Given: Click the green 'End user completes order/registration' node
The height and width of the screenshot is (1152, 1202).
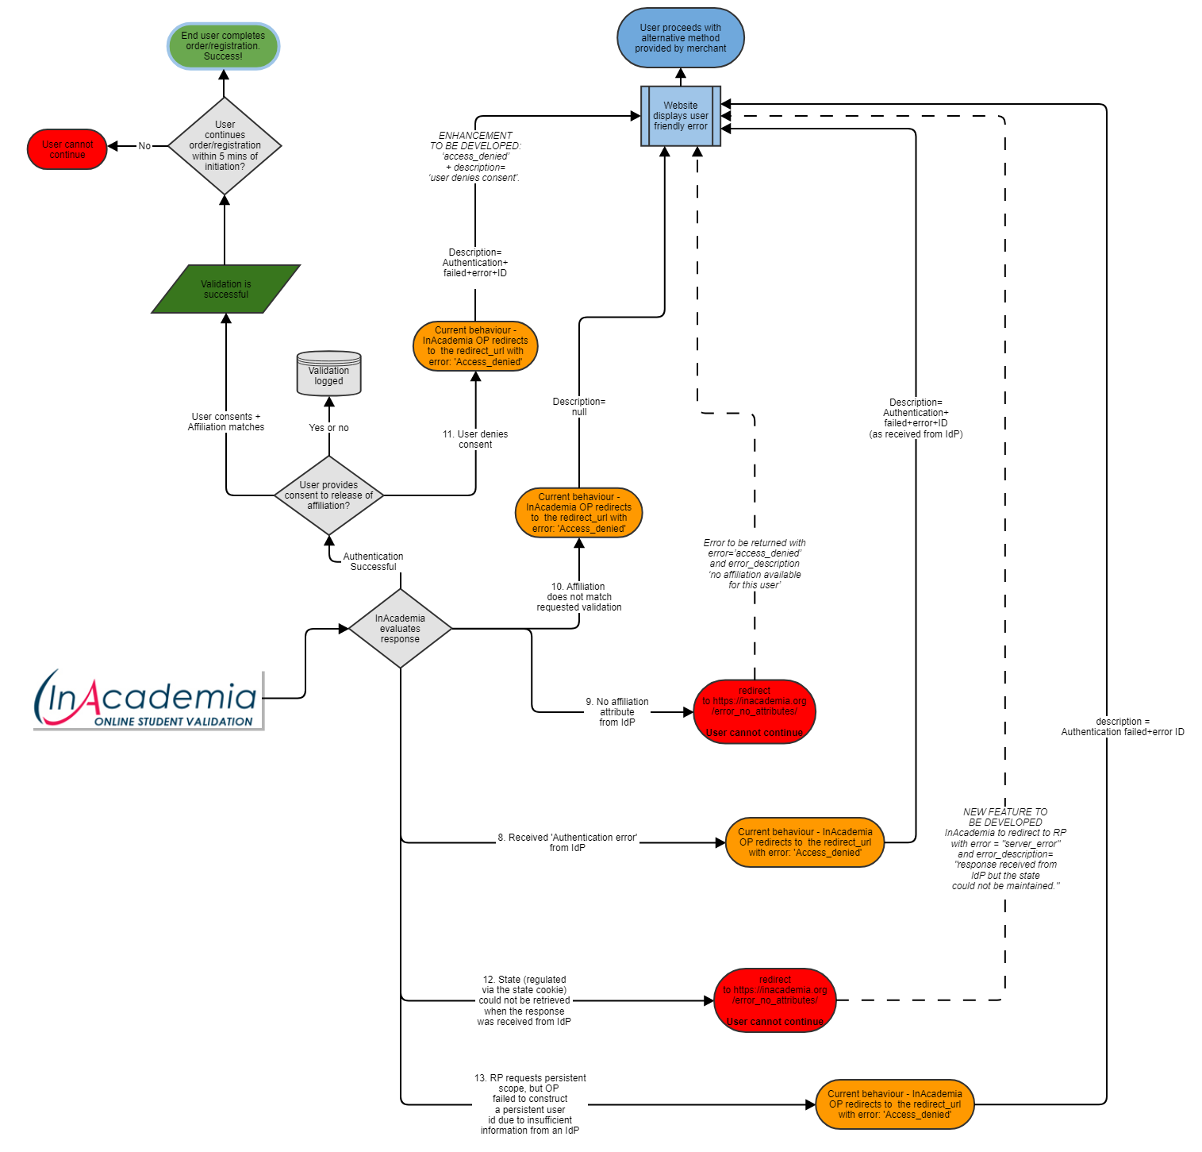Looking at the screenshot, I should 223,46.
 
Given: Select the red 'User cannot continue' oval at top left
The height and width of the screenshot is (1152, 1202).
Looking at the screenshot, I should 67,149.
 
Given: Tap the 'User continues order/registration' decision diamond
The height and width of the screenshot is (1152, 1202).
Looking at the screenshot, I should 225,146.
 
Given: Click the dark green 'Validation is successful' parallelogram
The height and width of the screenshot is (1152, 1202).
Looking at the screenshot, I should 226,289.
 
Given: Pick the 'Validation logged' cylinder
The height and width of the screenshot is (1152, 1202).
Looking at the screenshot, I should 328,374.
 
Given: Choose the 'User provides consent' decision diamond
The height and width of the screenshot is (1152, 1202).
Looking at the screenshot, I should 328,495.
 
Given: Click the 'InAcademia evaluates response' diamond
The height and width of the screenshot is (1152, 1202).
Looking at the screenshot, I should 400,629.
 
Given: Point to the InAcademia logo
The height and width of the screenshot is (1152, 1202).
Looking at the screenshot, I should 148,699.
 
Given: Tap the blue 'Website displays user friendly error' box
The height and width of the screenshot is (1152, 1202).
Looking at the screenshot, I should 681,116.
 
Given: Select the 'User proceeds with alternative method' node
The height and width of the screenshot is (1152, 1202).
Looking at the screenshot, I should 681,38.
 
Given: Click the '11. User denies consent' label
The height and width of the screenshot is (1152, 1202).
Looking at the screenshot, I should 475,439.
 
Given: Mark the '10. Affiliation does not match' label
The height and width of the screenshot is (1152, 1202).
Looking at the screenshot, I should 579,597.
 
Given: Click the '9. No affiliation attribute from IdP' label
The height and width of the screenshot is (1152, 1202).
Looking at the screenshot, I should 617,712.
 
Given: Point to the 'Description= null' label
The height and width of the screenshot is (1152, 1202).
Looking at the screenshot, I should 579,406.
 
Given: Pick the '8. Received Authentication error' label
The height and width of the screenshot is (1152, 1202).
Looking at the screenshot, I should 567,842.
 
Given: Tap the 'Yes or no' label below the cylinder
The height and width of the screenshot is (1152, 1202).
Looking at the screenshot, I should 328,428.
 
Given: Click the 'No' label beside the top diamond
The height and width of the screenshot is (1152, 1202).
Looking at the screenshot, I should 144,146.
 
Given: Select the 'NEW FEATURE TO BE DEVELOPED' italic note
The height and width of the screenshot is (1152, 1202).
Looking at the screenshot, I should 1005,849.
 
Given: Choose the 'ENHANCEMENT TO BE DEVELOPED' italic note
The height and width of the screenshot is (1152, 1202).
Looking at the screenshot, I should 475,156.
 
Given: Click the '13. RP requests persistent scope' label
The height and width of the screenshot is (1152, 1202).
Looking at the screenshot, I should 530,1104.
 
